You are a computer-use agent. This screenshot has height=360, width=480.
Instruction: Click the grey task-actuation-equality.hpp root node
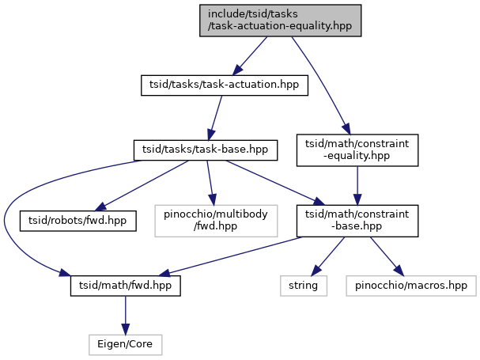coord(280,21)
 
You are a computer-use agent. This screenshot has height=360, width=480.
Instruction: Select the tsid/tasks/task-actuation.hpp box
coord(225,85)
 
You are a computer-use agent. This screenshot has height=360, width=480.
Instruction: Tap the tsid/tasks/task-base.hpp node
coord(206,150)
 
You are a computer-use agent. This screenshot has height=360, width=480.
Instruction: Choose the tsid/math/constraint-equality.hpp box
coord(357,150)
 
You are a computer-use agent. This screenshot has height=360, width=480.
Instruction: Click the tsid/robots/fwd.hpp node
coord(77,221)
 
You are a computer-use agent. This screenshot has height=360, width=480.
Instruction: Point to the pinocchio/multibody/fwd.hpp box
coord(216,221)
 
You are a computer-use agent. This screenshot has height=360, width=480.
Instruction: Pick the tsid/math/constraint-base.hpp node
coord(357,221)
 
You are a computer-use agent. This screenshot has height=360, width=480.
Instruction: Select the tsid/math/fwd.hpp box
coord(126,286)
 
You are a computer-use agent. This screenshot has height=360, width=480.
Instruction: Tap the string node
coord(304,286)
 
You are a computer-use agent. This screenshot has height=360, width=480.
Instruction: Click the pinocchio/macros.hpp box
coord(411,286)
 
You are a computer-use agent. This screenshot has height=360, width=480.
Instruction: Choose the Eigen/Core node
coord(125,345)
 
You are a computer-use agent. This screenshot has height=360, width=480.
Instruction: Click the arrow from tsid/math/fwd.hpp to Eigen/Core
coord(125,315)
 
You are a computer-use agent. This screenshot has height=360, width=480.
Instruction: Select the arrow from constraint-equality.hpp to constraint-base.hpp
coord(357,186)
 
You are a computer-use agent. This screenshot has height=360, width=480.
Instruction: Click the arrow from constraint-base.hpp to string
coord(328,256)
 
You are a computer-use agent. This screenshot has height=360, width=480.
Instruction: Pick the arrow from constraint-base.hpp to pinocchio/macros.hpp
coord(387,256)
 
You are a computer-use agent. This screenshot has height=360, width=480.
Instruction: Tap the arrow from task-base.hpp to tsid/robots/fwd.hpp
coord(142,186)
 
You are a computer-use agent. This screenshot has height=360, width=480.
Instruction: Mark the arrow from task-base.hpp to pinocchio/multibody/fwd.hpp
coord(210,183)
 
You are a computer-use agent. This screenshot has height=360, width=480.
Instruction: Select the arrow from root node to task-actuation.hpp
coord(250,56)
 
